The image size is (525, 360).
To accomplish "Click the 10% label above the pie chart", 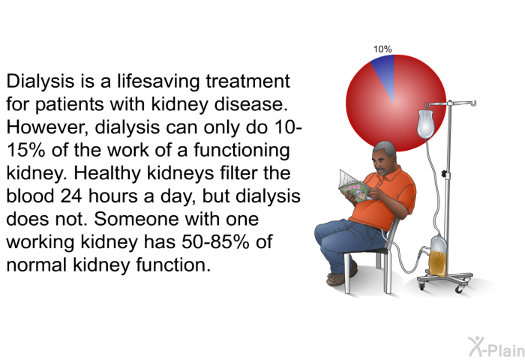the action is point(382,49).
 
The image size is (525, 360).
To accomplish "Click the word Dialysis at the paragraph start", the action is point(40,82).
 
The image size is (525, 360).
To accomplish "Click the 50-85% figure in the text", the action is point(216,241).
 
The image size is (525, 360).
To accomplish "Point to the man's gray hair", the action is point(384,148).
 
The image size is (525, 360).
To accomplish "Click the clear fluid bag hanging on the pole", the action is point(425,124).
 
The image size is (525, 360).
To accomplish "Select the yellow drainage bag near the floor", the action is point(438,256).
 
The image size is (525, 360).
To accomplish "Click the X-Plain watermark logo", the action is point(496,346).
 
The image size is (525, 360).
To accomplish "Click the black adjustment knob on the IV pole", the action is point(445,173).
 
